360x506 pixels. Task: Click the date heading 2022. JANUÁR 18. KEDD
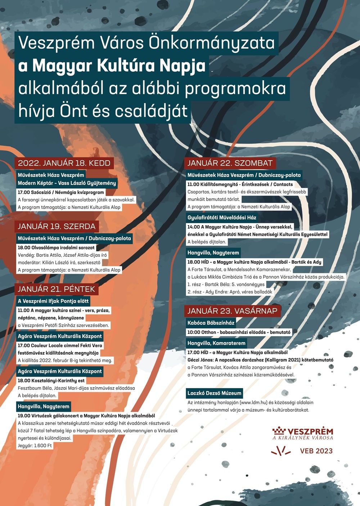point(64,163)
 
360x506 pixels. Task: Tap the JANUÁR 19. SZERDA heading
point(57,227)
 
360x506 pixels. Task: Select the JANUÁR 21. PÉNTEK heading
point(57,289)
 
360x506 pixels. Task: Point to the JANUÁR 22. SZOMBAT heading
point(230,163)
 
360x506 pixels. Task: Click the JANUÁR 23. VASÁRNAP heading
point(232,311)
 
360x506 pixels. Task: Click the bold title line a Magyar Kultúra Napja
point(112,66)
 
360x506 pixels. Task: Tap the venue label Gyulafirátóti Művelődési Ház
point(222,218)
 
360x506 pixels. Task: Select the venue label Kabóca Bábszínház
point(211,323)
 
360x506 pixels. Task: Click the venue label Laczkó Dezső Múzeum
point(214,393)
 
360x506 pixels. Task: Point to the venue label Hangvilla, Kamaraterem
point(216,343)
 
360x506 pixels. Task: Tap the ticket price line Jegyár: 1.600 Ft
point(35,445)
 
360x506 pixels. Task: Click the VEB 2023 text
point(316,451)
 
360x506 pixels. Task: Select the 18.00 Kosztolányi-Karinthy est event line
point(51,380)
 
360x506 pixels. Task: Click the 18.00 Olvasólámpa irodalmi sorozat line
point(56,248)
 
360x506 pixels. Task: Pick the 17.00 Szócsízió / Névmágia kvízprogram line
point(61,192)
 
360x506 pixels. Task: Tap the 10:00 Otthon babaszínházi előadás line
point(239,332)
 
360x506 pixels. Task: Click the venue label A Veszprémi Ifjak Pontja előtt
point(53,301)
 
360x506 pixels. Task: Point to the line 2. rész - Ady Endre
point(230,292)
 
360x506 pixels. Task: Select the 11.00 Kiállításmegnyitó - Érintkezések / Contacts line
point(240,184)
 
